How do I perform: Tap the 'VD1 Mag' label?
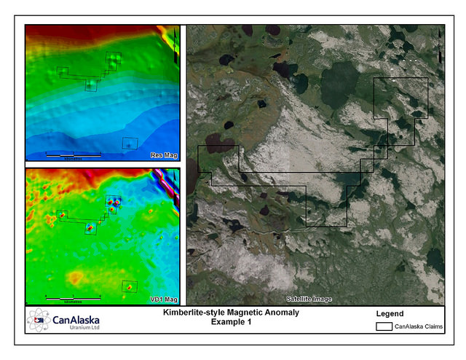[x=163, y=299]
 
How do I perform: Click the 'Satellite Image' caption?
[x=308, y=299]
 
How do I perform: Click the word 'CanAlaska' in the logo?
[x=75, y=320]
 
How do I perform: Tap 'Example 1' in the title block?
[x=230, y=321]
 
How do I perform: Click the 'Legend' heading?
[x=389, y=314]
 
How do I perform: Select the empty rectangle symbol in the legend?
[x=384, y=327]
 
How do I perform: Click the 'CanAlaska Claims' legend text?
[x=418, y=327]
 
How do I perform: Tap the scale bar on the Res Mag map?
[x=73, y=154]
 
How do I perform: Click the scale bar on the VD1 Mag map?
[x=72, y=297]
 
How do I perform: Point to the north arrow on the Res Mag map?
[x=175, y=46]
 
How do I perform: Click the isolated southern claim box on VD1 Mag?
[x=130, y=286]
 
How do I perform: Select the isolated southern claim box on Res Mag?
[x=130, y=144]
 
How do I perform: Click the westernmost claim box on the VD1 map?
[x=62, y=214]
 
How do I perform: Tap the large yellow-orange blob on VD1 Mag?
[x=76, y=278]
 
